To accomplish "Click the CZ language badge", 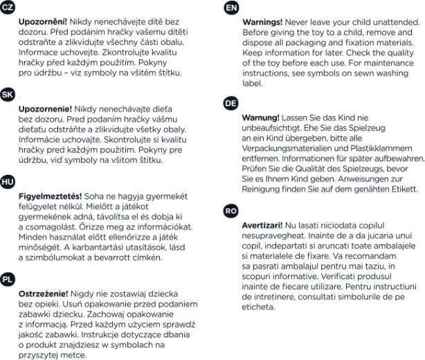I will pyautogui.click(x=8, y=8).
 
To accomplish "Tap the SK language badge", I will pyautogui.click(x=8, y=95).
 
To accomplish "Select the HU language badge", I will pyautogui.click(x=8, y=181).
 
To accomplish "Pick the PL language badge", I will pyautogui.click(x=8, y=279).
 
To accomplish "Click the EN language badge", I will pyautogui.click(x=231, y=8).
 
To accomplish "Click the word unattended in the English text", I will pyautogui.click(x=393, y=22).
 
